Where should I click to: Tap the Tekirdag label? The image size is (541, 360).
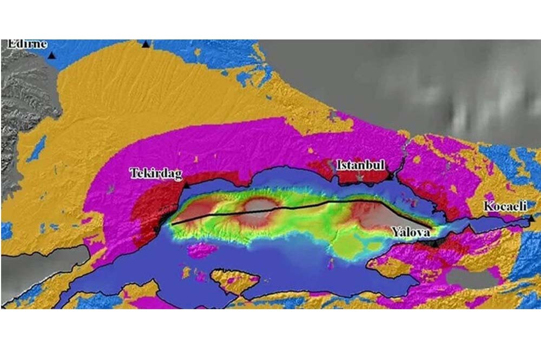(x=156, y=174)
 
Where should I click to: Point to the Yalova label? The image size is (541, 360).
(x=412, y=232)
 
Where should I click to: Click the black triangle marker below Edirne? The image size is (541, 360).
(x=51, y=55)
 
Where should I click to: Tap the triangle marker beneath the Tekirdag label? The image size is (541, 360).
(x=186, y=185)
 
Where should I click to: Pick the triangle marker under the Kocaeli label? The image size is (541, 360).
(x=532, y=218)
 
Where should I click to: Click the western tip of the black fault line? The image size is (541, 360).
(x=173, y=223)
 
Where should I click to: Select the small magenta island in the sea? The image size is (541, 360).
(x=201, y=250)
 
